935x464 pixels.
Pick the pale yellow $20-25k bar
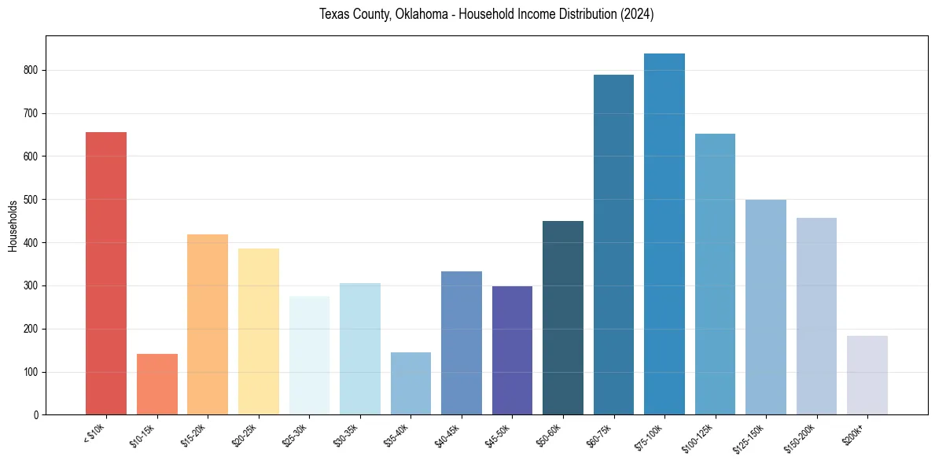pyautogui.click(x=258, y=331)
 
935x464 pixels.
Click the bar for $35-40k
pyautogui.click(x=410, y=383)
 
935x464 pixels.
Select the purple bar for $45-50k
pyautogui.click(x=512, y=350)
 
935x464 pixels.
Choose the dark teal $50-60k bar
pyautogui.click(x=563, y=318)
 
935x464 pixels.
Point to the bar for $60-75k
pyautogui.click(x=613, y=245)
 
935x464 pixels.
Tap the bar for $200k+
pyautogui.click(x=867, y=375)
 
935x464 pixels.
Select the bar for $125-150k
pyautogui.click(x=766, y=307)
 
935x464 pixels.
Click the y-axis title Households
pyautogui.click(x=13, y=226)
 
